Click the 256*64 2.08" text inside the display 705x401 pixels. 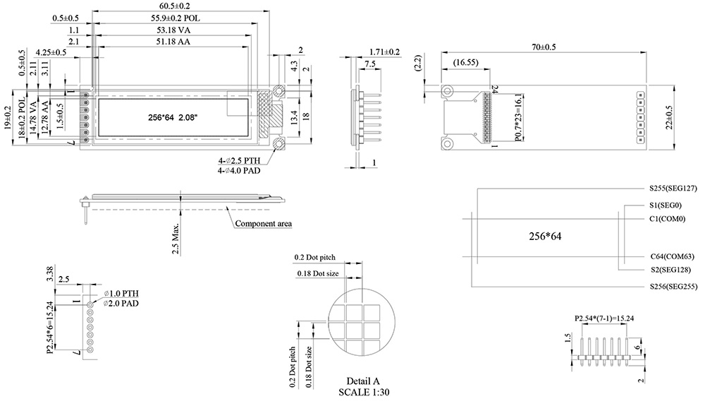(173, 117)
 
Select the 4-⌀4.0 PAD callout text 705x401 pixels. (243, 171)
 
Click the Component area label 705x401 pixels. (263, 224)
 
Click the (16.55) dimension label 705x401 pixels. (466, 63)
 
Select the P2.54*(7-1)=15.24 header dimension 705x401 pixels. (605, 318)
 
